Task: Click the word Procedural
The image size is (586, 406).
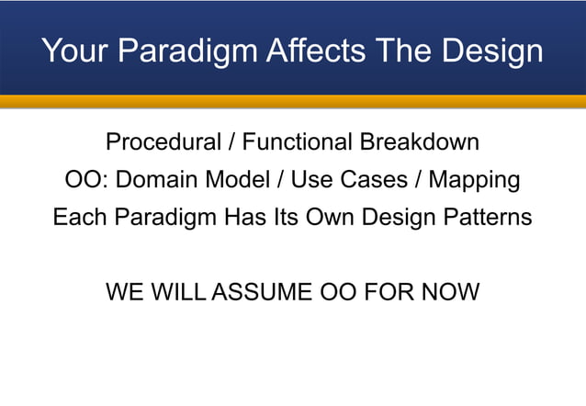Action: click(163, 143)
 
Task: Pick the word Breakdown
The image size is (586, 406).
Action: click(420, 143)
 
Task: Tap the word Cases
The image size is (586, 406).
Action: click(377, 181)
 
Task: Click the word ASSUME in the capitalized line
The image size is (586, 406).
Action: click(262, 293)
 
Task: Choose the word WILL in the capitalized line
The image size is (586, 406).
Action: click(181, 293)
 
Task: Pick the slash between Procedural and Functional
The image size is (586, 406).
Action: click(232, 143)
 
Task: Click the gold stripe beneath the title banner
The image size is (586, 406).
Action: click(293, 101)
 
